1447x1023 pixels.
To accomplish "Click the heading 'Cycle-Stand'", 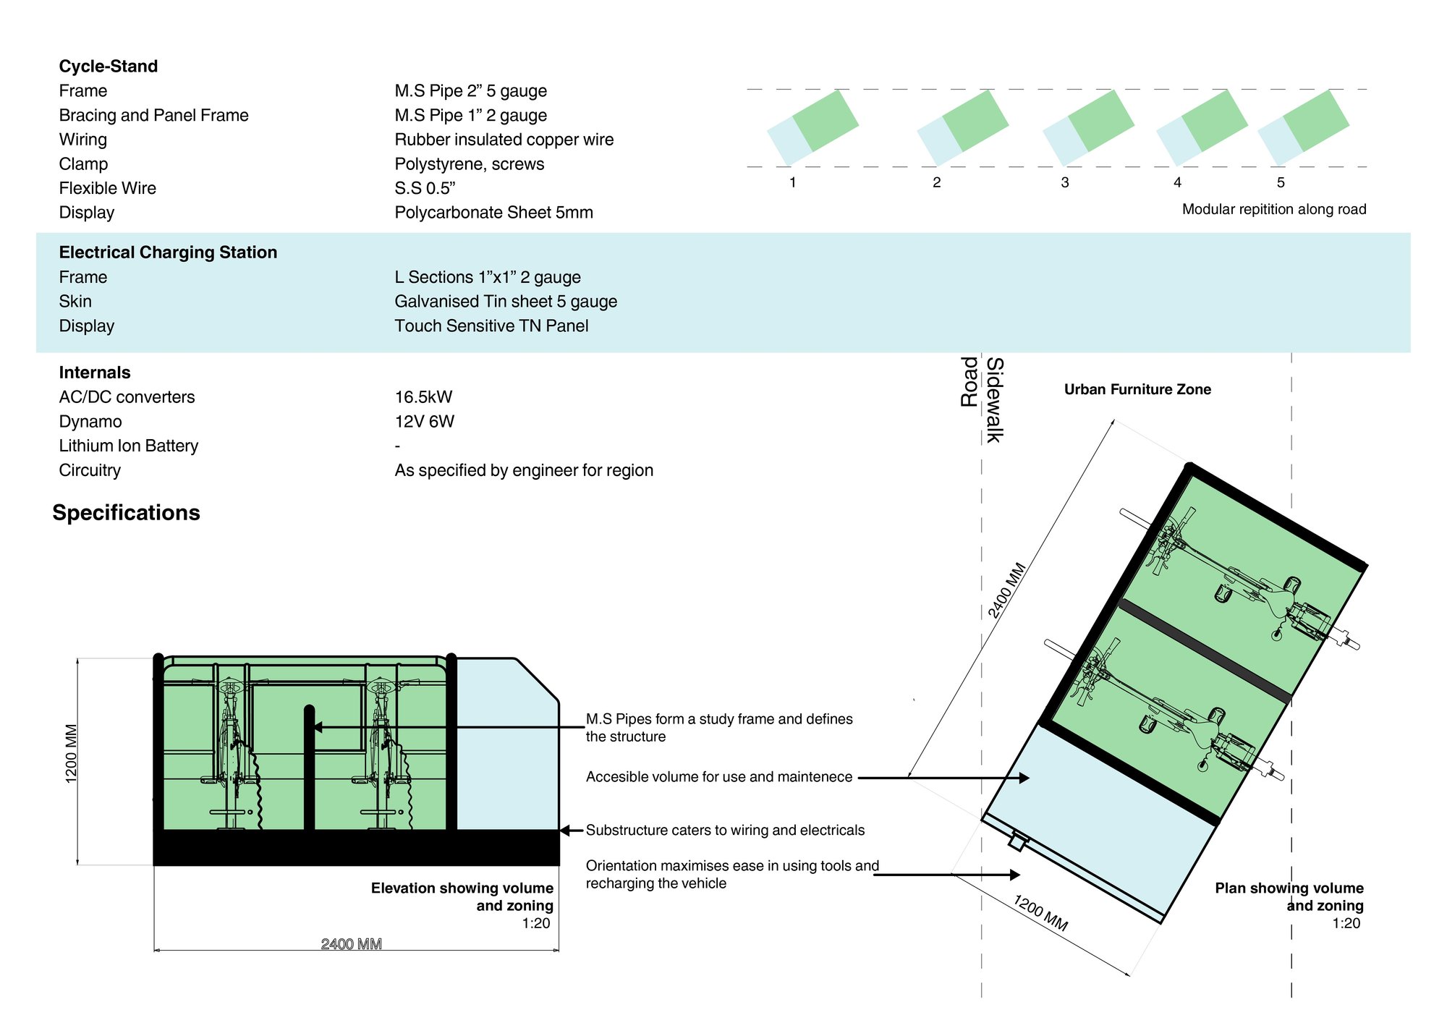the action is (x=109, y=67).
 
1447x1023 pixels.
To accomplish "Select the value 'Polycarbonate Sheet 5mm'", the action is (x=493, y=213).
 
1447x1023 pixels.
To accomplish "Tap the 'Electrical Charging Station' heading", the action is (x=168, y=252).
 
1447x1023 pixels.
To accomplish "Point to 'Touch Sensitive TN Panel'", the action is (x=491, y=326).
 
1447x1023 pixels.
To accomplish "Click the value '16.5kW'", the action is (x=423, y=397).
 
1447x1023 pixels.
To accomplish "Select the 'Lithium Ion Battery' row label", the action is (x=129, y=446).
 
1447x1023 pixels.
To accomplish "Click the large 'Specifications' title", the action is (x=126, y=512).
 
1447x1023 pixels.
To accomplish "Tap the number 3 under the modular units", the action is (x=1065, y=182).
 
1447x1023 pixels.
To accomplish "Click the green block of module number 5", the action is (x=1316, y=121).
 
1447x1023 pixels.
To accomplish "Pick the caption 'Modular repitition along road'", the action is (x=1274, y=209).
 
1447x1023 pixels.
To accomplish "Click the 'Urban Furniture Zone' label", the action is (x=1137, y=389).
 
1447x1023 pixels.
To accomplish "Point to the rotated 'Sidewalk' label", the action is (x=996, y=400).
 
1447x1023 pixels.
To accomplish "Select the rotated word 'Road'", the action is (x=969, y=382).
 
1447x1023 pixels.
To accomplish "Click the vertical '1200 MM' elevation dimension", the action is (x=72, y=753).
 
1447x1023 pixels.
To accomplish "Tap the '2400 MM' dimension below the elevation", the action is (x=352, y=944).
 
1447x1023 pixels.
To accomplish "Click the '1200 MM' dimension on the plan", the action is (x=1040, y=913).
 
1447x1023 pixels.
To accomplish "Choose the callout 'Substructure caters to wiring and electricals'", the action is (x=725, y=831).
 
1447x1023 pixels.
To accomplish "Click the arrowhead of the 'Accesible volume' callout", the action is (x=1024, y=778).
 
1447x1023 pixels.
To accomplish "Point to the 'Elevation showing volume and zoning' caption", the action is (x=462, y=896).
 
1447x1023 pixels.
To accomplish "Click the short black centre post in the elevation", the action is (x=309, y=767).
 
